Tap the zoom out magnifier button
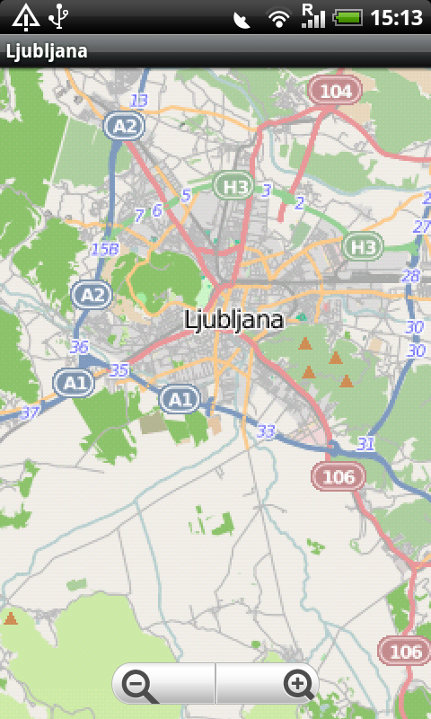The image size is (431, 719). coord(139,685)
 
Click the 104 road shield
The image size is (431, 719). coord(335,91)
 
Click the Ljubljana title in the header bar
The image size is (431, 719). coord(47,51)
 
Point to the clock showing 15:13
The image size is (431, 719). coord(396,16)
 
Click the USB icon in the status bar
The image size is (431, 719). coord(59,15)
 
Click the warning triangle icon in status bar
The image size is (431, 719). coord(25,15)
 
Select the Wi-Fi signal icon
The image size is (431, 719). coord(279,17)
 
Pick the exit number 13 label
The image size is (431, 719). coord(139,100)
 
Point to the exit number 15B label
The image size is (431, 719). coord(104,249)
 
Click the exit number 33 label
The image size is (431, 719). coord(266,432)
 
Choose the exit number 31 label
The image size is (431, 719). coord(365,443)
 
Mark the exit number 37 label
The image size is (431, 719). coord(30,413)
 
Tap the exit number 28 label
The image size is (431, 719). coord(411,276)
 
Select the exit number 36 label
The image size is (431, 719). coord(79,347)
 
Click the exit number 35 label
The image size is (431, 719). coord(119,369)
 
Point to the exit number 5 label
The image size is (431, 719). coord(186,195)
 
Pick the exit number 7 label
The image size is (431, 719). coord(139,215)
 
